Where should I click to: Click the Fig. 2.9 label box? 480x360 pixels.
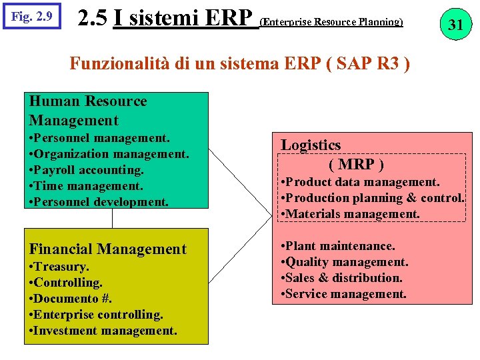tap(32, 15)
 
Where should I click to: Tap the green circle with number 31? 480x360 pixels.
tap(455, 25)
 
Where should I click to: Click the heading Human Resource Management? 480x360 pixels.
tap(87, 111)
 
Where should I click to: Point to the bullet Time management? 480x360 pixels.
tap(86, 186)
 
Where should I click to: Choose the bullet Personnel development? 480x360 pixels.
tap(99, 201)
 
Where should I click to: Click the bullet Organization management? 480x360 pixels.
tap(109, 154)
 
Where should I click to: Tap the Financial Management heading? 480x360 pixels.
tap(107, 249)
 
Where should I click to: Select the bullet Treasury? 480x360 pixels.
tap(59, 267)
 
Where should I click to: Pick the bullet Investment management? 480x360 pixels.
tap(103, 330)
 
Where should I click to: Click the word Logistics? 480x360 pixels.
tap(311, 145)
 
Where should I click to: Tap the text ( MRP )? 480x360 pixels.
tap(356, 164)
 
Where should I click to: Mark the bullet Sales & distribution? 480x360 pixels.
tap(341, 278)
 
